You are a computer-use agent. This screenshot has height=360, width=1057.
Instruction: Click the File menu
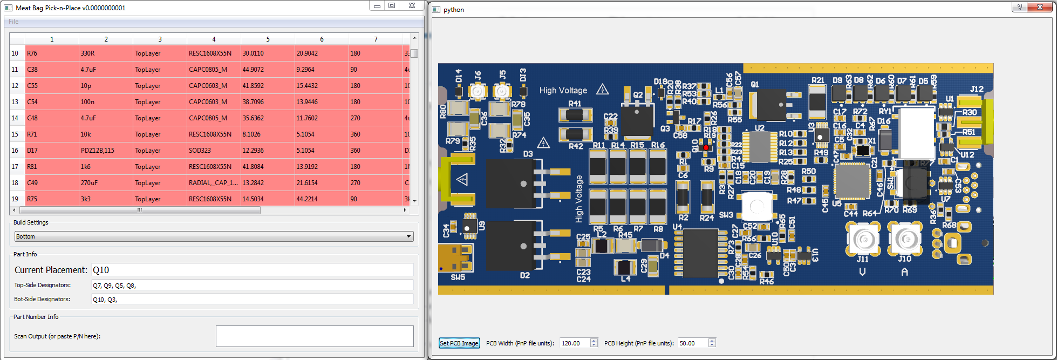(13, 22)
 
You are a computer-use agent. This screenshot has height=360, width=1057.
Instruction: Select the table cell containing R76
(52, 53)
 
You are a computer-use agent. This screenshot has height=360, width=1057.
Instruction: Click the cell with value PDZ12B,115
(105, 151)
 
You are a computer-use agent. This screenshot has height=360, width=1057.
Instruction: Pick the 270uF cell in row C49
(105, 183)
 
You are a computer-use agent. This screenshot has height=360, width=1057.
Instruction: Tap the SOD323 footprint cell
(213, 151)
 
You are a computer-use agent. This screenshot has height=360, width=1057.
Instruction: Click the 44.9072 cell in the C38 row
(267, 70)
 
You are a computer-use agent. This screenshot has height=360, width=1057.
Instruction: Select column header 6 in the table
(322, 39)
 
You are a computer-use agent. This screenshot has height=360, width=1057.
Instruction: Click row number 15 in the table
(15, 134)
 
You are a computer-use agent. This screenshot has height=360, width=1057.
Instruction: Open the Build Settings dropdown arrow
(409, 236)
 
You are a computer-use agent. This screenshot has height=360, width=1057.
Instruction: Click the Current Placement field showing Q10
(252, 270)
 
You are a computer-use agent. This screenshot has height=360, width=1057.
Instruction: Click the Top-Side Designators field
(252, 286)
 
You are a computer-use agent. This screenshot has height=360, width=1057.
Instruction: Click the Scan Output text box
(314, 336)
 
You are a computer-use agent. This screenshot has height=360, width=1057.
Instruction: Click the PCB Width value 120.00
(575, 343)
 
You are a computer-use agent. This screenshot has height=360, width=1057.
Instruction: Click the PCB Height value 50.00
(692, 343)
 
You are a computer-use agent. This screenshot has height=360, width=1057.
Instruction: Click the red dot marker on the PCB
(706, 147)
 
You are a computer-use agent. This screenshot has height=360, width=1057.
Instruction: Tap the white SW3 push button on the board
(756, 206)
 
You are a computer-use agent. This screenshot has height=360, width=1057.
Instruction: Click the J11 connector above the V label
(864, 238)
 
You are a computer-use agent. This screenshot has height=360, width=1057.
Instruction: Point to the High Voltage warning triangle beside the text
(603, 90)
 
